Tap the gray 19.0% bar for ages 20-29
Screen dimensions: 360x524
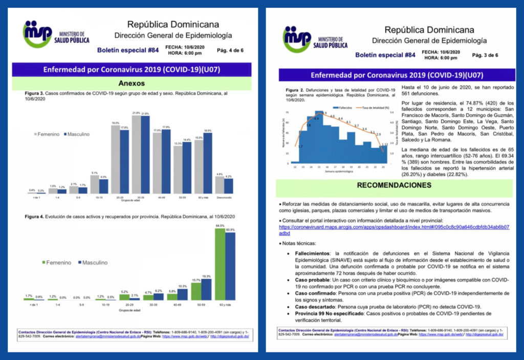click(116, 159)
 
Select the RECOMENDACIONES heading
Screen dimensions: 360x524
click(394, 185)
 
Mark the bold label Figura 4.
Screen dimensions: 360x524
click(35, 217)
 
